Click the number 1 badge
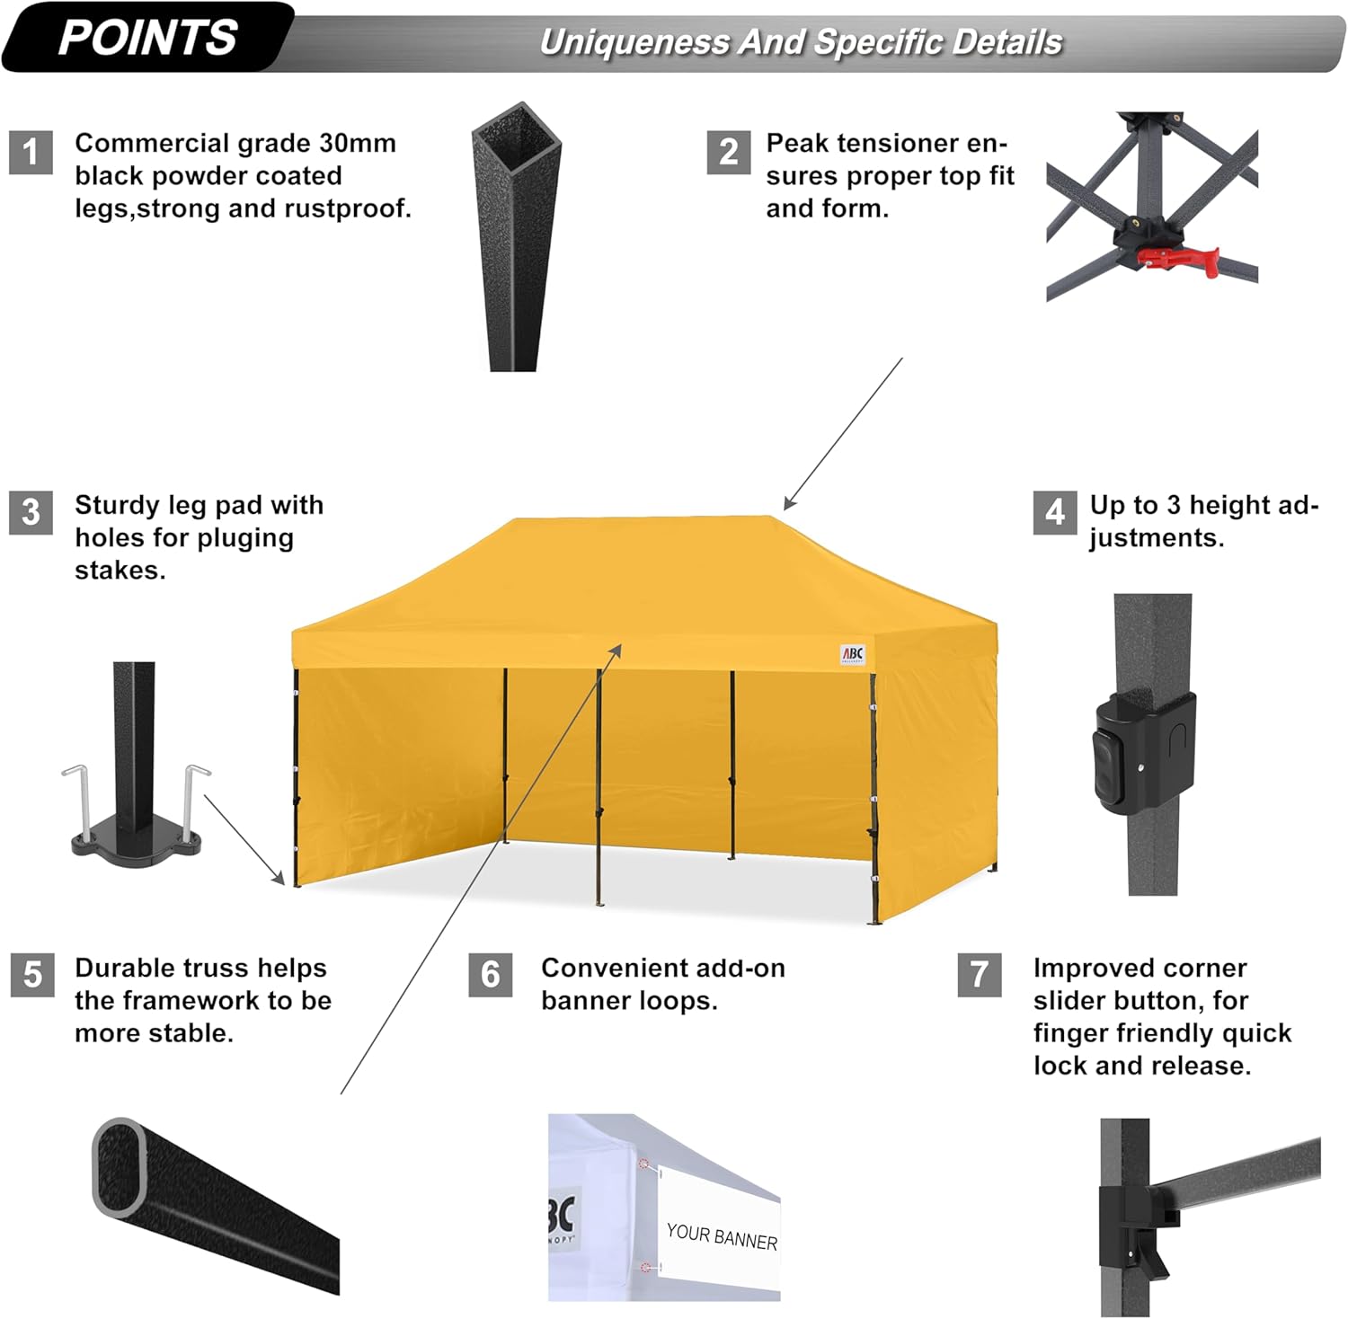[31, 152]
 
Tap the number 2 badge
[728, 152]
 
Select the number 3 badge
[31, 512]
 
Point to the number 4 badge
[1054, 512]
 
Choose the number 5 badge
[32, 975]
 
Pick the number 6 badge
[490, 975]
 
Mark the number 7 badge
[980, 975]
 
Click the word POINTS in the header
[147, 38]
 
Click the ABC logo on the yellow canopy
[852, 654]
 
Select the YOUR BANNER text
[722, 1236]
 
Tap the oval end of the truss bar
[120, 1165]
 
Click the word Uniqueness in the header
[634, 42]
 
